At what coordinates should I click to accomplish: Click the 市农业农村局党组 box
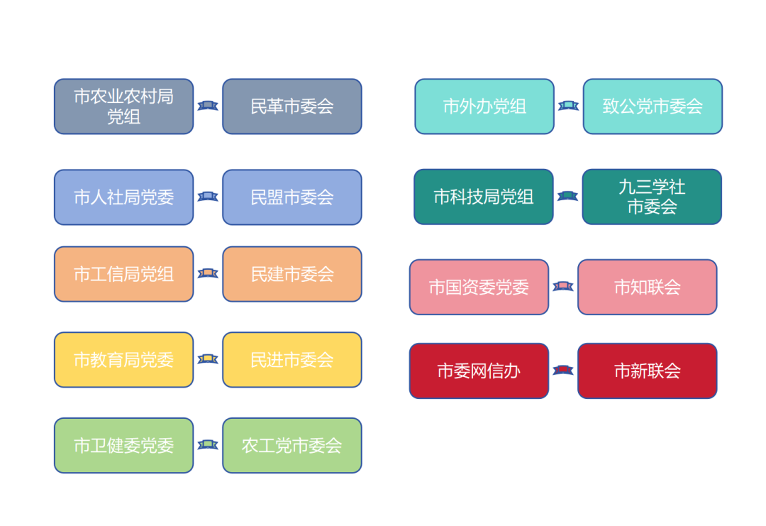point(123,106)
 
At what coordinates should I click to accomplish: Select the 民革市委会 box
point(292,106)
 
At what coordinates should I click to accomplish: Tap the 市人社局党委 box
point(123,197)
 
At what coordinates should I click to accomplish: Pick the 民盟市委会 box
point(292,197)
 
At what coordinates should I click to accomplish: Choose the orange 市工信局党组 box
point(123,274)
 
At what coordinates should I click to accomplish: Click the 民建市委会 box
point(292,274)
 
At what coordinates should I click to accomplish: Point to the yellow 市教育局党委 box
point(123,360)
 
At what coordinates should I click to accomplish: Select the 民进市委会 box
point(292,360)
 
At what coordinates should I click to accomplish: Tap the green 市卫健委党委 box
point(123,445)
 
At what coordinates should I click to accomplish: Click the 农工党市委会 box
point(292,445)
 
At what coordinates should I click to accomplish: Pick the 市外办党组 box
point(484,106)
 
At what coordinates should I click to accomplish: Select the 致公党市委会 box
point(653,106)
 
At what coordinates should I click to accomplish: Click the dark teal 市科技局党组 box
point(484,197)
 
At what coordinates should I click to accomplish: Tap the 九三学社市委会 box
point(652,197)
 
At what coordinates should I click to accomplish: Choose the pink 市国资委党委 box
point(479,287)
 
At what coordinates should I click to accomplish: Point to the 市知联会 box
point(648,287)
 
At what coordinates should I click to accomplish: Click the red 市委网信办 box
point(479,371)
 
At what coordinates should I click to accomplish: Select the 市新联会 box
point(648,371)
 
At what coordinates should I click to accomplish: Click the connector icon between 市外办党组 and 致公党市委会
point(569,106)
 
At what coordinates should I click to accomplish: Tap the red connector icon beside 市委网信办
point(562,370)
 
